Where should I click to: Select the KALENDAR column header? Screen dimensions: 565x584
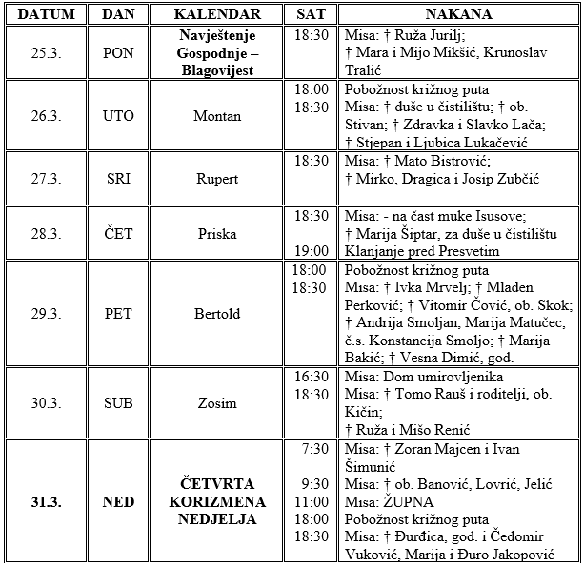point(215,14)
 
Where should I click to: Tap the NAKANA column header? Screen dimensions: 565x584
point(460,14)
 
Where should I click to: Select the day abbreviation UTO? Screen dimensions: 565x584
point(119,116)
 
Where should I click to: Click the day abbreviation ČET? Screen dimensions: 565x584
point(119,234)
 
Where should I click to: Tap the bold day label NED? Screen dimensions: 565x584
point(119,501)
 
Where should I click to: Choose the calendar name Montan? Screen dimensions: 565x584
point(216,116)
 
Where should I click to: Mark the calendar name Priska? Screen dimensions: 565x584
point(216,234)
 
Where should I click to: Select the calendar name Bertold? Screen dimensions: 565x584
point(216,313)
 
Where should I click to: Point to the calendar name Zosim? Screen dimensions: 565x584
point(216,403)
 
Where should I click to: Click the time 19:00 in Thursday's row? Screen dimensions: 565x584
point(312,252)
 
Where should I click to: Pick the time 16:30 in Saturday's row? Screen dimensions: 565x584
point(312,377)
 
